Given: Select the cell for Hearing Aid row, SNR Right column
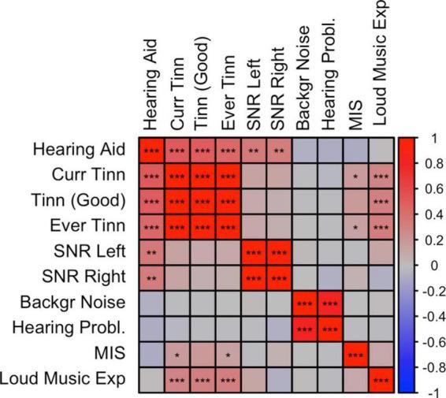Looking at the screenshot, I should [280, 150].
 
